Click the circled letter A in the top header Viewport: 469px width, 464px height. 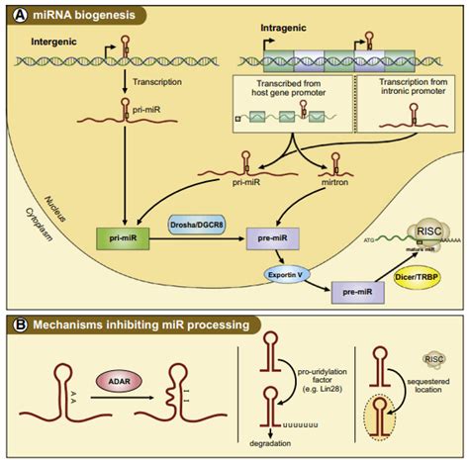(17, 16)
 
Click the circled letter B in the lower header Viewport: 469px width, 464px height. (17, 324)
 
